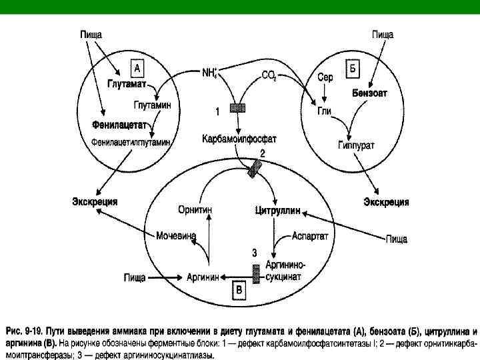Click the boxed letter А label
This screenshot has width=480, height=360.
(135, 68)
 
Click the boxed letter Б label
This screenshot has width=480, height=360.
(353, 68)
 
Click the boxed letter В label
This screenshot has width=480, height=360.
(239, 290)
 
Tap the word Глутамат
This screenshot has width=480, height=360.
(127, 85)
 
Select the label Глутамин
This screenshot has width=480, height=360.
(152, 105)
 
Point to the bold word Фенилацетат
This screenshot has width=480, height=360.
(120, 125)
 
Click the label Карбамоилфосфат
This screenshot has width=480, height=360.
(239, 139)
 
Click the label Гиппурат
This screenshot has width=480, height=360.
(355, 144)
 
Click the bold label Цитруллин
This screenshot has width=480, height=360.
(277, 211)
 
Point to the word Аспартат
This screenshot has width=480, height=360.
(311, 236)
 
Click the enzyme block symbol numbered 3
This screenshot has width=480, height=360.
(256, 272)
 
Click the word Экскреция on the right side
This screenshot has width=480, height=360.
(386, 201)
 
